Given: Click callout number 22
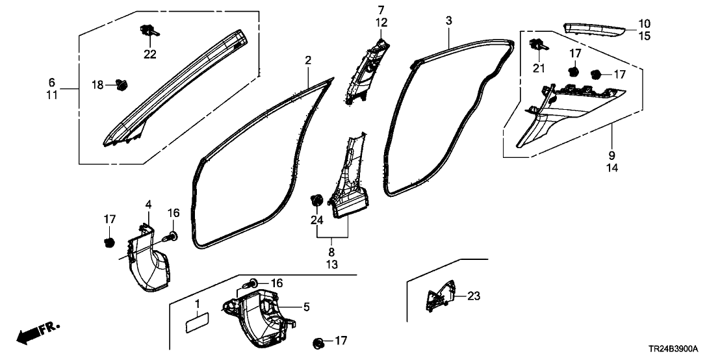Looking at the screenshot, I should (x=150, y=54).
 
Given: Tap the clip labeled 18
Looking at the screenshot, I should (x=121, y=84).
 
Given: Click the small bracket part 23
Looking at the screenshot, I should (x=436, y=297).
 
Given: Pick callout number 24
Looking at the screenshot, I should (x=316, y=220).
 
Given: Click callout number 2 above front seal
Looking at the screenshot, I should (x=308, y=60).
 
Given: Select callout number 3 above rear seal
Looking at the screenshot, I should (x=448, y=21).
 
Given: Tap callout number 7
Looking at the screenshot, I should (x=381, y=9).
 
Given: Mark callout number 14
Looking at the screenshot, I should (x=612, y=167).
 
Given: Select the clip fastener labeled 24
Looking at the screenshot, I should (x=318, y=199).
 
